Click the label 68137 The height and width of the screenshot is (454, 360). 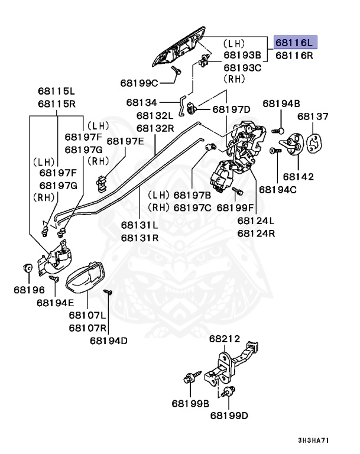tap(313, 116)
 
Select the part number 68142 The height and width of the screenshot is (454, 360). tap(298, 176)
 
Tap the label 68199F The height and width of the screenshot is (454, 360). tap(235, 207)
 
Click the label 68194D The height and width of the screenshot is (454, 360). tap(109, 340)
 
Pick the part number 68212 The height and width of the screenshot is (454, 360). tap(224, 339)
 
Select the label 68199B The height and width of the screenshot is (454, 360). tap(191, 404)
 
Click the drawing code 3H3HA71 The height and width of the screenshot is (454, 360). tap(314, 440)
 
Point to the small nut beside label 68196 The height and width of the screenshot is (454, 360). tap(27, 267)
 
